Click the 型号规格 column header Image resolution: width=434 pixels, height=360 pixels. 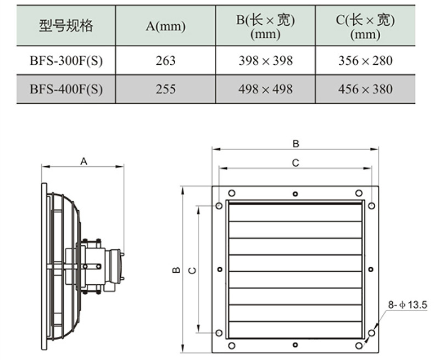66,26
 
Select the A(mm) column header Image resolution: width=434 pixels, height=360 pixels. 165,26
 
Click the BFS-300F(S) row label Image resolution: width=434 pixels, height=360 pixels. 66,60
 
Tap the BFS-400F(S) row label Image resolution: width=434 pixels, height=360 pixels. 66,89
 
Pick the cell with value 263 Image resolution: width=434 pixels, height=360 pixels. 165,60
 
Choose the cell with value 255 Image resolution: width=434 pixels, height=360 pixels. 165,89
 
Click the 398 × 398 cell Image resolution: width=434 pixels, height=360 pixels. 265,60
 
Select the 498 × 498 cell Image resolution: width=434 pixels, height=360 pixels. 265,89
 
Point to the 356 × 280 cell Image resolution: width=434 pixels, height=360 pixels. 365,60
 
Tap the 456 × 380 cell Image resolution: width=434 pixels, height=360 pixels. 365,89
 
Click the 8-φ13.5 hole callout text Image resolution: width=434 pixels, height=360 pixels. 408,305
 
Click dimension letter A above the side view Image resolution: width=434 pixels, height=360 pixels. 84,161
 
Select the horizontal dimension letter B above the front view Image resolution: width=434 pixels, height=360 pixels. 296,144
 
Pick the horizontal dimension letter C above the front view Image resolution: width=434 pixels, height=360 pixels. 296,163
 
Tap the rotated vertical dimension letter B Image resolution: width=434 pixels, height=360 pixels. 176,270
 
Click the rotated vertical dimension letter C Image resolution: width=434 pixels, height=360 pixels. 192,270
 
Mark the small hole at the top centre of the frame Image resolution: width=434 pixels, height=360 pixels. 296,194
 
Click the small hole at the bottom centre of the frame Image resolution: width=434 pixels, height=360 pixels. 296,345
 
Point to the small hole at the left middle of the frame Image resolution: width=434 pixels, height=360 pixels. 220,269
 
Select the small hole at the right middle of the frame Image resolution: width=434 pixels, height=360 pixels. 371,269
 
